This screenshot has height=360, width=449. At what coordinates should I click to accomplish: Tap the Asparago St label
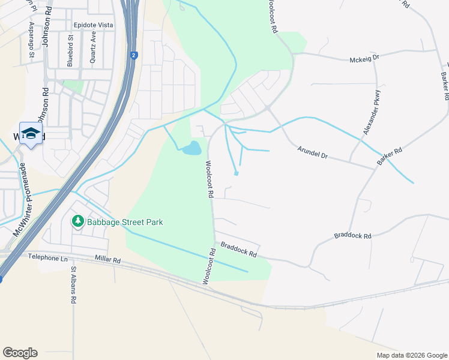31,40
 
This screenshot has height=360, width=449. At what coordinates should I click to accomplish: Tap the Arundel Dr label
313,155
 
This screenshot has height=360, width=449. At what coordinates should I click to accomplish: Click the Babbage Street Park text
125,222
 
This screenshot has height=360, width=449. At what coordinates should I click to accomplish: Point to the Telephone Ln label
47,257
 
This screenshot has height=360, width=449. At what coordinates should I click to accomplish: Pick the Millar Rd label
108,260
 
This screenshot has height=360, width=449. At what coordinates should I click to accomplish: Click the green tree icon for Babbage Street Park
77,221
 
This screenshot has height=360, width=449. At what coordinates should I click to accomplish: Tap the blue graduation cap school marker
31,133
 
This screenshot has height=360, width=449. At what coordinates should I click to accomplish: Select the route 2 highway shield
133,55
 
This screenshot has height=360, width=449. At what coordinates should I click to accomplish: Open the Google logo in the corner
20,352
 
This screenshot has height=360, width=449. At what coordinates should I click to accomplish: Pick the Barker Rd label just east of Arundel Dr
390,158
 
